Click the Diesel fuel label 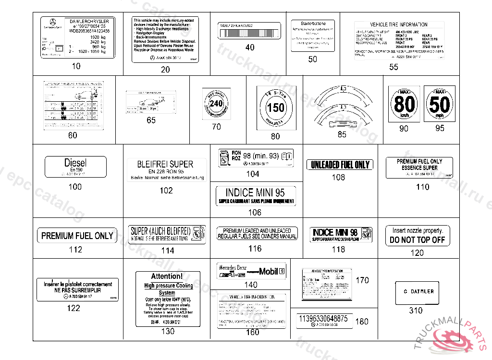coord(75,167)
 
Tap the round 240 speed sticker coord(217,103)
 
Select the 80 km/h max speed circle coord(404,104)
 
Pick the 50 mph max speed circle coord(440,104)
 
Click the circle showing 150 coord(276,108)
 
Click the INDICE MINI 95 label coord(255,192)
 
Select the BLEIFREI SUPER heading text coord(165,164)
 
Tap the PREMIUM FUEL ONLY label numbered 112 coord(77,236)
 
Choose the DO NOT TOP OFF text coord(418,240)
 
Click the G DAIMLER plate coord(417,292)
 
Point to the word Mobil coord(269,271)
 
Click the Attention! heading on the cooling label coord(167,276)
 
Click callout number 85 coord(342,134)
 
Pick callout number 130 coord(168,332)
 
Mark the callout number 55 coord(394,67)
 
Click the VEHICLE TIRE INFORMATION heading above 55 coord(398,24)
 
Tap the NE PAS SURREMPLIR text coord(77,290)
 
